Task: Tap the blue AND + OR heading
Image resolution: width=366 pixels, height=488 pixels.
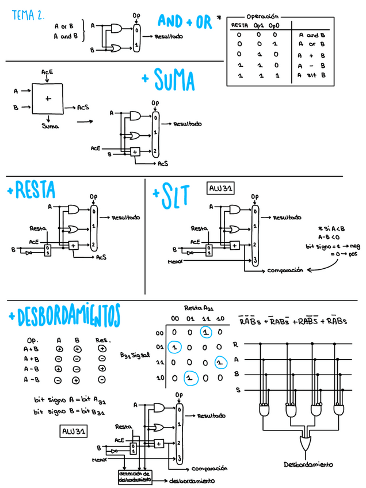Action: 184,22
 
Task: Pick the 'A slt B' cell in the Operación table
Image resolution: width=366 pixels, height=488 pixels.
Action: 312,75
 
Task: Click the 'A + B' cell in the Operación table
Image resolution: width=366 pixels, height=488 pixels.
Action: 312,55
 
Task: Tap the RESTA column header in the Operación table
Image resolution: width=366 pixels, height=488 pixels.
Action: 239,26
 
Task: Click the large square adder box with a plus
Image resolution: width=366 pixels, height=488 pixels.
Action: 48,98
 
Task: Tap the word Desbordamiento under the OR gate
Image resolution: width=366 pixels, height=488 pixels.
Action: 308,464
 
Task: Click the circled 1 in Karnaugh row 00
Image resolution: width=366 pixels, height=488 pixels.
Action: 205,332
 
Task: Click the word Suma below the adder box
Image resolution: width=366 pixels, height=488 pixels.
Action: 50,126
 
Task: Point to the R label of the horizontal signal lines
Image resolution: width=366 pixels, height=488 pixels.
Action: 235,345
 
